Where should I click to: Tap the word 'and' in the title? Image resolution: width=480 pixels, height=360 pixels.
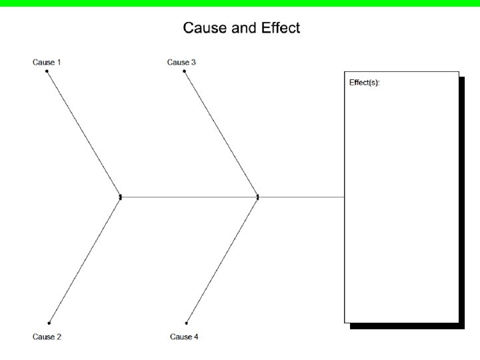point(241,28)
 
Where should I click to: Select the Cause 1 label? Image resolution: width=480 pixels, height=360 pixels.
point(47,62)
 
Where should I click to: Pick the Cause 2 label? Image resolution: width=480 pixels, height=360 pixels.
point(47,337)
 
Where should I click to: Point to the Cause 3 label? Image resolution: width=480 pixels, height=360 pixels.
point(181,62)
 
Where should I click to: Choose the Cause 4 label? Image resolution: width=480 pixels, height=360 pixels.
point(184,337)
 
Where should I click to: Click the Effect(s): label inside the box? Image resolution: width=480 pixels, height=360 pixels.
point(365,83)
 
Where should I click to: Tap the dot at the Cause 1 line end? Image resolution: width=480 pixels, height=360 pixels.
point(47,71)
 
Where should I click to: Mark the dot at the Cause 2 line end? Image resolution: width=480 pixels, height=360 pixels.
point(49,323)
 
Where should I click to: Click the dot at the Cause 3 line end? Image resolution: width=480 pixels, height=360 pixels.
point(185,71)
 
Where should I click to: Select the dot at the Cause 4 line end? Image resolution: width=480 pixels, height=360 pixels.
point(187,323)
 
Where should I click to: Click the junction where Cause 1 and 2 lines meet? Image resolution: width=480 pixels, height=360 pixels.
point(120,197)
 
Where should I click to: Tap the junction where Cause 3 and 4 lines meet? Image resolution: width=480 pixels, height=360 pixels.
point(258,197)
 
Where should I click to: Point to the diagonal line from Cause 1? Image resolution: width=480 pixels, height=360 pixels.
point(83,133)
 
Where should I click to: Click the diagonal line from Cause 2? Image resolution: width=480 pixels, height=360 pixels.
point(85,260)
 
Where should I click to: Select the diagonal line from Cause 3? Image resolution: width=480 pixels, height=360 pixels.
point(221,133)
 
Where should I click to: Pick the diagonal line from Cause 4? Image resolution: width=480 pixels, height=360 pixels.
point(222,260)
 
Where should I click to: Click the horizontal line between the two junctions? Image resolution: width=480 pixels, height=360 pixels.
point(189,197)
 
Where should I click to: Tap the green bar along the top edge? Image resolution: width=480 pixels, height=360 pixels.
point(240,3)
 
